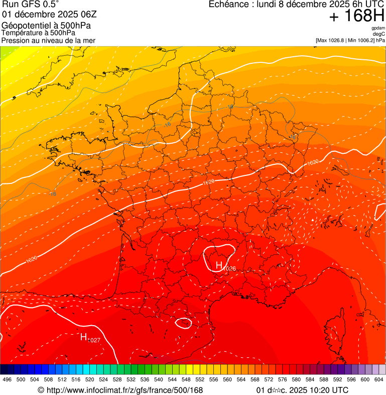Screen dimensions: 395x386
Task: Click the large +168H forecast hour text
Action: [x=356, y=16]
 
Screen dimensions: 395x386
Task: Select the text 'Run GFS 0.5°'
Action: [x=31, y=5]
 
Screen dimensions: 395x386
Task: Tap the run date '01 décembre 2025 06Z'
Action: [x=49, y=14]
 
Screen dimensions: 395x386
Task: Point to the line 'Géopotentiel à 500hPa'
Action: [x=46, y=26]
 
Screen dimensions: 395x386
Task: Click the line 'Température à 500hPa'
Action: [x=38, y=33]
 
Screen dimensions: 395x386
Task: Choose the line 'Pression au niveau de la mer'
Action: [x=48, y=40]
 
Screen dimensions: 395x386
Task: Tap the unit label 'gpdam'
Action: [x=378, y=28]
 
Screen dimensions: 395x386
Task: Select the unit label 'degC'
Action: [x=379, y=34]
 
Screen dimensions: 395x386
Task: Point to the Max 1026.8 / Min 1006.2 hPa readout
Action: [x=350, y=40]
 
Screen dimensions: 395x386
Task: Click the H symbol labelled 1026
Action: [x=219, y=264]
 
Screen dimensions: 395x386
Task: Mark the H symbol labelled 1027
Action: [x=84, y=337]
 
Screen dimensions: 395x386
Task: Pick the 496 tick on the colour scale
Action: [x=7, y=379]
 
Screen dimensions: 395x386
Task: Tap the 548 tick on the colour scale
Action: [x=186, y=379]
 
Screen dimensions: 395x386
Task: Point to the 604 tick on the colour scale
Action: [x=378, y=379]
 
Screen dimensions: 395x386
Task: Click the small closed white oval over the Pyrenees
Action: [x=183, y=323]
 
